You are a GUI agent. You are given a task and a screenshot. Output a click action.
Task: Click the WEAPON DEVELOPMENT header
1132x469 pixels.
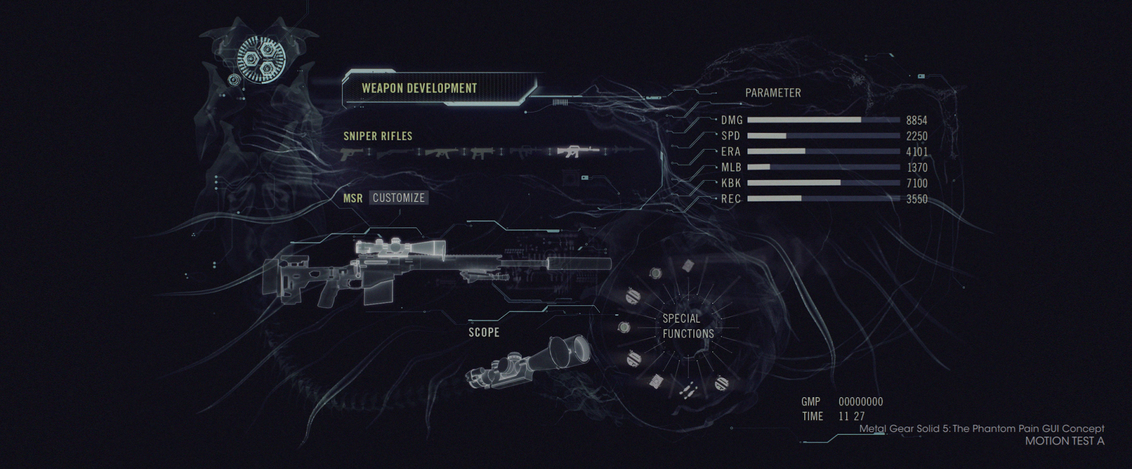[x=419, y=88]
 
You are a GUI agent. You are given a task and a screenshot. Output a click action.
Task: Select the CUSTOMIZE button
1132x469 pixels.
[x=399, y=198]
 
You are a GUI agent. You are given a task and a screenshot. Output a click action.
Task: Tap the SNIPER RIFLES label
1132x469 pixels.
[x=378, y=136]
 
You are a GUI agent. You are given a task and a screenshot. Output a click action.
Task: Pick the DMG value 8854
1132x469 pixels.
[x=916, y=120]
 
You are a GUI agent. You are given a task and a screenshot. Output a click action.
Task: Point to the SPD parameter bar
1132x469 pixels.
[x=824, y=136]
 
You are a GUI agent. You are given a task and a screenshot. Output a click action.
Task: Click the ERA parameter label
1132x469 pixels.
[x=730, y=152]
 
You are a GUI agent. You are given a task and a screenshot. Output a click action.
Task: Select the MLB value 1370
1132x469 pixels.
[x=917, y=168]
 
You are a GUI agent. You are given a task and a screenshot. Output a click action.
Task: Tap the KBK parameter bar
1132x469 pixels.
[x=824, y=183]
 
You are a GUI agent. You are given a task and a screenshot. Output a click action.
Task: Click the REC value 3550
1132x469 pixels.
[x=917, y=199]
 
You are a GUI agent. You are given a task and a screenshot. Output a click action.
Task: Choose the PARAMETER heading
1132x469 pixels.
[x=773, y=93]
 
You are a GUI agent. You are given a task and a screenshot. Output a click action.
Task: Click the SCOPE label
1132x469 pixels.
[x=484, y=333]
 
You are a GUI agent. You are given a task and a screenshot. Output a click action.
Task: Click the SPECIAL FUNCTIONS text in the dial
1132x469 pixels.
[x=687, y=326]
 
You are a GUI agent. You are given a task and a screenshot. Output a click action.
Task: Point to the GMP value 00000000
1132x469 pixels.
[x=861, y=402]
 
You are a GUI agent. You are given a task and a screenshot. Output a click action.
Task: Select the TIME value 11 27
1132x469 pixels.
[x=851, y=416]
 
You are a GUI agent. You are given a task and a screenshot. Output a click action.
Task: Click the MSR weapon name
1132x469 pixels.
[x=353, y=199]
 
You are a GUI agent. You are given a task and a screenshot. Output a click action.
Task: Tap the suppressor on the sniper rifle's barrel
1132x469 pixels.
[x=577, y=263]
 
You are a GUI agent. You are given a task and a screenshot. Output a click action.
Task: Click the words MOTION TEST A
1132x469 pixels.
[x=1064, y=441]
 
